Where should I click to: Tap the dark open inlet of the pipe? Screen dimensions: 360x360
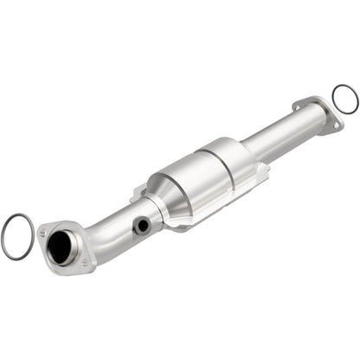pos(61,249)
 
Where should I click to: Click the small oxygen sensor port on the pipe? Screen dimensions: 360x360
pos(141,226)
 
